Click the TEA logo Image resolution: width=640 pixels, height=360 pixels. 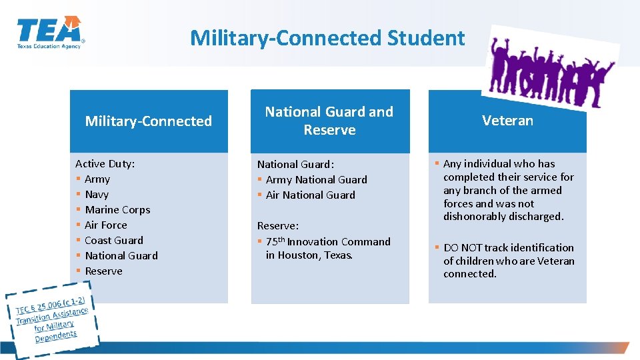click(x=51, y=33)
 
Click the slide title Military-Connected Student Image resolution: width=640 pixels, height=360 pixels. click(x=327, y=38)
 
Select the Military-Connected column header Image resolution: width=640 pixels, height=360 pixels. click(x=149, y=121)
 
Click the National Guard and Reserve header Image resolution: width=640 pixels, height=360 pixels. click(x=329, y=121)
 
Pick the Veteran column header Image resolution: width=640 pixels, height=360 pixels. click(x=507, y=121)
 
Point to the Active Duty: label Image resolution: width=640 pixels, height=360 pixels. click(x=105, y=164)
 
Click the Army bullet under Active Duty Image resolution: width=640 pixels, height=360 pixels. click(x=97, y=179)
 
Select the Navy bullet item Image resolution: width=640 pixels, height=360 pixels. click(x=97, y=195)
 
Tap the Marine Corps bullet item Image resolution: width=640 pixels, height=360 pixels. click(x=117, y=210)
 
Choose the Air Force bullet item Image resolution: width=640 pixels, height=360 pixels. click(x=106, y=225)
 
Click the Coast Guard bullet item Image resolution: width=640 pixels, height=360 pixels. click(x=114, y=241)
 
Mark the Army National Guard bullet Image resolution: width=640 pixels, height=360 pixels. click(x=316, y=180)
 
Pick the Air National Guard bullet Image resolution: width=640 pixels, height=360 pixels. click(x=310, y=195)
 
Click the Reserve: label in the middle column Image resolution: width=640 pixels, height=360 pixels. click(x=277, y=226)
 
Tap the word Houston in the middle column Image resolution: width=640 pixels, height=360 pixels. click(x=298, y=255)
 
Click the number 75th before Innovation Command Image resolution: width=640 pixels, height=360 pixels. click(x=275, y=241)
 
